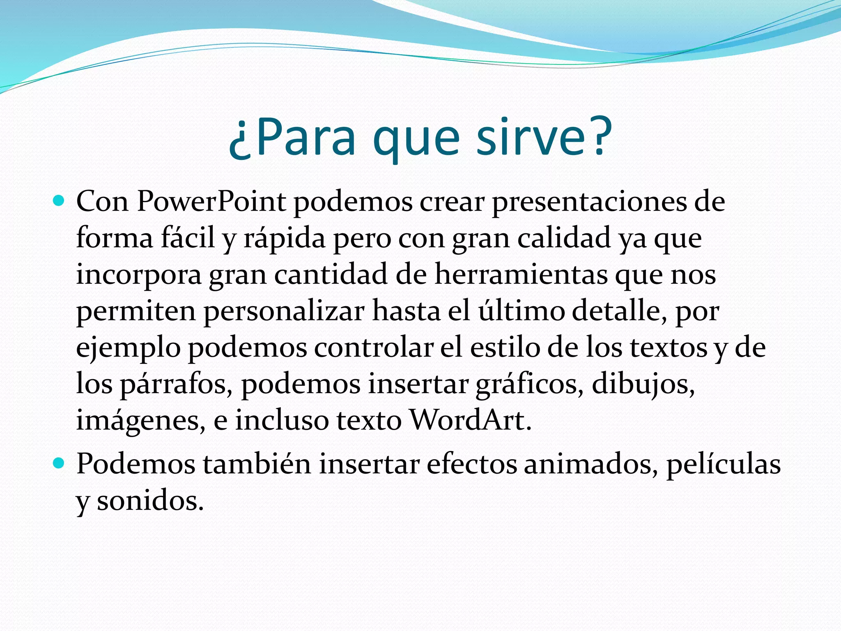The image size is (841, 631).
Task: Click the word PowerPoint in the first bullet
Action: tap(211, 202)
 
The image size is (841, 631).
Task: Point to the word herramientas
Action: tap(521, 275)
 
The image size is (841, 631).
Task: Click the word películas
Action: tap(723, 465)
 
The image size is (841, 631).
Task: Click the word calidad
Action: tap(563, 238)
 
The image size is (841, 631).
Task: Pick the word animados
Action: tap(588, 465)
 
